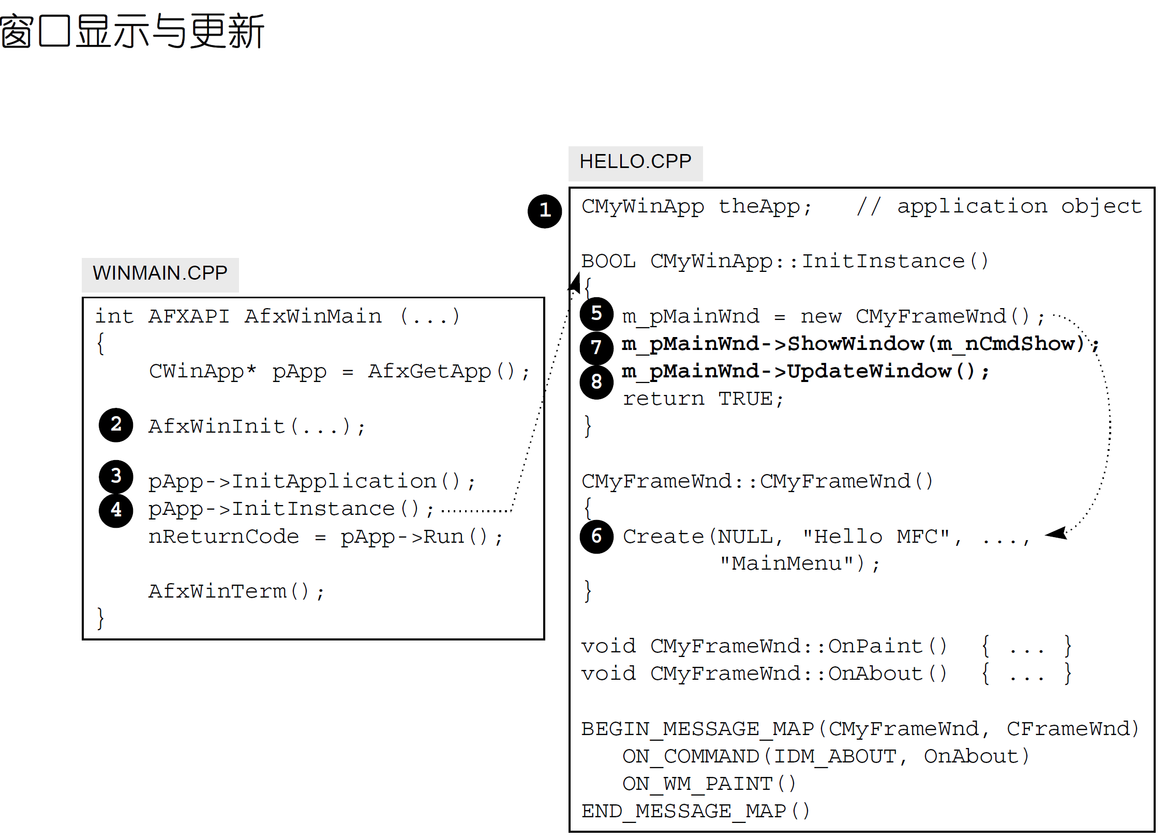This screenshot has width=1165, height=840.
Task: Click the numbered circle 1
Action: pyautogui.click(x=544, y=211)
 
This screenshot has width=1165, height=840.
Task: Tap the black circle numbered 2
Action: pyautogui.click(x=116, y=425)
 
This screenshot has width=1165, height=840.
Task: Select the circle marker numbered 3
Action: pyautogui.click(x=116, y=476)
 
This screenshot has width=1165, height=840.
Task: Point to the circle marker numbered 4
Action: pyautogui.click(x=116, y=510)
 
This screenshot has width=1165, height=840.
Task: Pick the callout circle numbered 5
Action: pyautogui.click(x=596, y=314)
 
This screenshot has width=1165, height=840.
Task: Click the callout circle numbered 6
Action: pyautogui.click(x=596, y=537)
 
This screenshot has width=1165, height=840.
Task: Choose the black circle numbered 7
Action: pyautogui.click(x=596, y=347)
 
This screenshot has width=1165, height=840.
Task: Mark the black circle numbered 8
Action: pyautogui.click(x=596, y=382)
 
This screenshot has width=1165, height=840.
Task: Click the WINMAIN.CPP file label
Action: pyautogui.click(x=160, y=273)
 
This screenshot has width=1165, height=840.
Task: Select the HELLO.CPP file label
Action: pyautogui.click(x=635, y=162)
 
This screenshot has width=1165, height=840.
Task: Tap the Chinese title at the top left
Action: pyautogui.click(x=132, y=31)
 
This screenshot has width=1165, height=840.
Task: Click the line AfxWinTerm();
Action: pyautogui.click(x=236, y=591)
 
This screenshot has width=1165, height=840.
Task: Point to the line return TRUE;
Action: pyautogui.click(x=703, y=399)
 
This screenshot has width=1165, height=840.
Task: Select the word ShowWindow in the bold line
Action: pyautogui.click(x=856, y=344)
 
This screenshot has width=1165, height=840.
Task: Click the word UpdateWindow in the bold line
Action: pyautogui.click(x=869, y=371)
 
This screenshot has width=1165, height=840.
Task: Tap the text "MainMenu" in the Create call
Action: pyautogui.click(x=786, y=563)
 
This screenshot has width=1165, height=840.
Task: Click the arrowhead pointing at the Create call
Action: pyautogui.click(x=1056, y=533)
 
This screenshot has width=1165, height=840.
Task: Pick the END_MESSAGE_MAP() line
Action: pyautogui.click(x=695, y=812)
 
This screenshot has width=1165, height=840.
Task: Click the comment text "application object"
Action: pyautogui.click(x=1019, y=207)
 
